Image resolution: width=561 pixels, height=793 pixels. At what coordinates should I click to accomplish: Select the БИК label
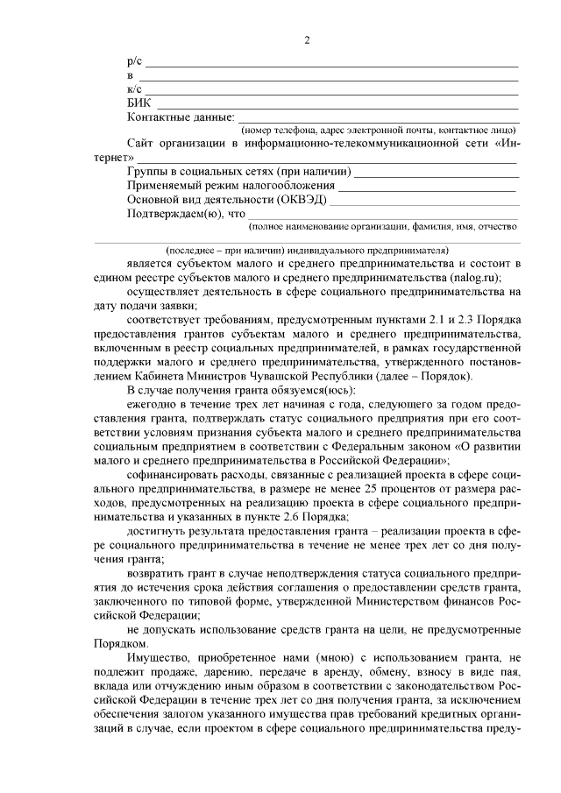click(139, 103)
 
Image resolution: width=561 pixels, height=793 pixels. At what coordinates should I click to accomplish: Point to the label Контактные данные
click(181, 117)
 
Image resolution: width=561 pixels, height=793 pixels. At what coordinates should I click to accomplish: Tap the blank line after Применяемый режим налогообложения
click(427, 188)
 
